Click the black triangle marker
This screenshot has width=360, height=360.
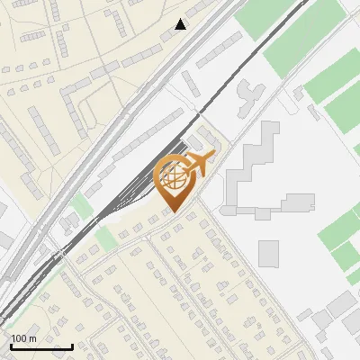point(181,24)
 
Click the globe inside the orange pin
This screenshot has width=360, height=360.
point(174,176)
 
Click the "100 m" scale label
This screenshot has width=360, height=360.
point(24,337)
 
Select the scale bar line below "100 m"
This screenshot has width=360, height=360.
point(41,346)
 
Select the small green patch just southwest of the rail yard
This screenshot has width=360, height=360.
point(106,238)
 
